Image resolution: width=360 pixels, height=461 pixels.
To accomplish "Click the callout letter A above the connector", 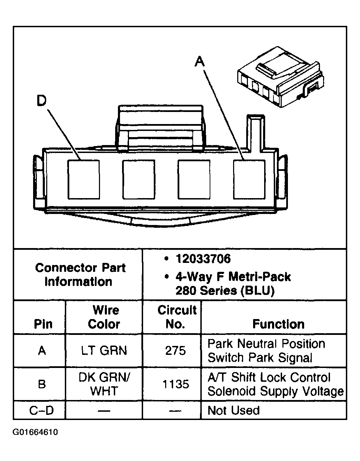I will coord(200,62).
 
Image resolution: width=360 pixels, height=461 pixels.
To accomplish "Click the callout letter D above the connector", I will coord(41,101).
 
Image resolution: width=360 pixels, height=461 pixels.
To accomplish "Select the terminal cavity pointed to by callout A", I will coord(249,179).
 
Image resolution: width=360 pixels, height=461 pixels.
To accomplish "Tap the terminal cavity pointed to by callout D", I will coord(83,179).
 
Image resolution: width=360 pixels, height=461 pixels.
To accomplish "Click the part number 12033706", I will coord(203,259).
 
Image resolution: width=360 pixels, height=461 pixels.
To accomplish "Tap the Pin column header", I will coord(43,324).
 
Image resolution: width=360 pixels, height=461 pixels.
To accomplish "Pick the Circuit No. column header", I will coord(176,317).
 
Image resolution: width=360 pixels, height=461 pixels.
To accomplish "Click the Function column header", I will coord(278,324).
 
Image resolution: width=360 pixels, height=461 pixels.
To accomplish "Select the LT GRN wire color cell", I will coord(104,351).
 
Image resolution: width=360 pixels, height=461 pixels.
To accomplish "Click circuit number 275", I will coord(176,351).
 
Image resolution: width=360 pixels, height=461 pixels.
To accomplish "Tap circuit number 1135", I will coord(176,384).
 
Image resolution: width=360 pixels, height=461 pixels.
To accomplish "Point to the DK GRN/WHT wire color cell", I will coord(104,384).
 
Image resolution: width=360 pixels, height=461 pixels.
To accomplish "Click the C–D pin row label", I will coord(42,410).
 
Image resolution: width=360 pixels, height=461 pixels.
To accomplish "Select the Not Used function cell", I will coord(233,410).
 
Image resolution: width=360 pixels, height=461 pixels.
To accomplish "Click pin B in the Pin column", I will coord(42,384).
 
